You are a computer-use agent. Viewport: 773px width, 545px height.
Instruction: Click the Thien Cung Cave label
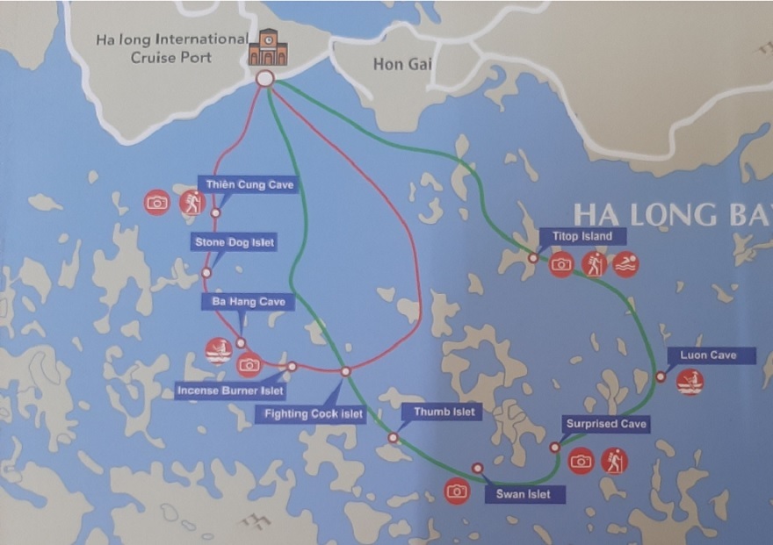pyautogui.click(x=247, y=184)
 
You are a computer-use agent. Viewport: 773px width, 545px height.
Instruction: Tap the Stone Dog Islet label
pyautogui.click(x=233, y=241)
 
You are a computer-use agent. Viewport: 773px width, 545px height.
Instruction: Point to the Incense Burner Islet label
pyautogui.click(x=230, y=390)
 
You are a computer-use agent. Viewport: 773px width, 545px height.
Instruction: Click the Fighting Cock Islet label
pyautogui.click(x=313, y=413)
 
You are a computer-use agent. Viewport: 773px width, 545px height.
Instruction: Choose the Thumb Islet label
pyautogui.click(x=441, y=412)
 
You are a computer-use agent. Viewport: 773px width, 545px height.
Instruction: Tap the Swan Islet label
pyautogui.click(x=524, y=494)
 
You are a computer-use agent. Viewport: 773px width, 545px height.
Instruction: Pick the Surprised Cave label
pyautogui.click(x=606, y=425)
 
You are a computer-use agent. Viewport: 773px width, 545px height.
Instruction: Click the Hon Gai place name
pyautogui.click(x=401, y=64)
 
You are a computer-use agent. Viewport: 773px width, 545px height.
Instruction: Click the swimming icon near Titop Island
pyautogui.click(x=625, y=264)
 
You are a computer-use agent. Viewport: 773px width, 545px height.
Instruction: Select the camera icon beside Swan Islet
pyautogui.click(x=457, y=491)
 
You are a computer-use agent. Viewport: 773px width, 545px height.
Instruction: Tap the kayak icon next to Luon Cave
pyautogui.click(x=690, y=382)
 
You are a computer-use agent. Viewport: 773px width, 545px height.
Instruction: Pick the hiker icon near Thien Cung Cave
pyautogui.click(x=191, y=203)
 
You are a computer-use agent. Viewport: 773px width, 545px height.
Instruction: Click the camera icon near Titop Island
pyautogui.click(x=561, y=264)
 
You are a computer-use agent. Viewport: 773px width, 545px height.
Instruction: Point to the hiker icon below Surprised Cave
pyautogui.click(x=614, y=461)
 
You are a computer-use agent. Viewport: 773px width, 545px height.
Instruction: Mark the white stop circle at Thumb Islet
pyautogui.click(x=393, y=437)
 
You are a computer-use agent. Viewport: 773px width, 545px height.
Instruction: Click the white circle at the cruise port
pyautogui.click(x=264, y=79)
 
